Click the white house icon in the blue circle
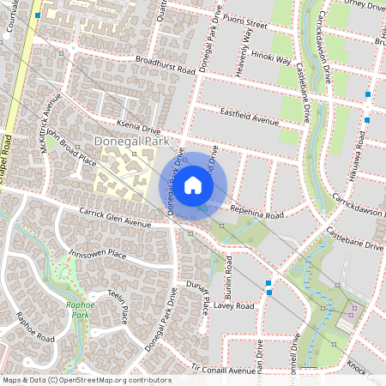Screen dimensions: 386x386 (193, 185)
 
